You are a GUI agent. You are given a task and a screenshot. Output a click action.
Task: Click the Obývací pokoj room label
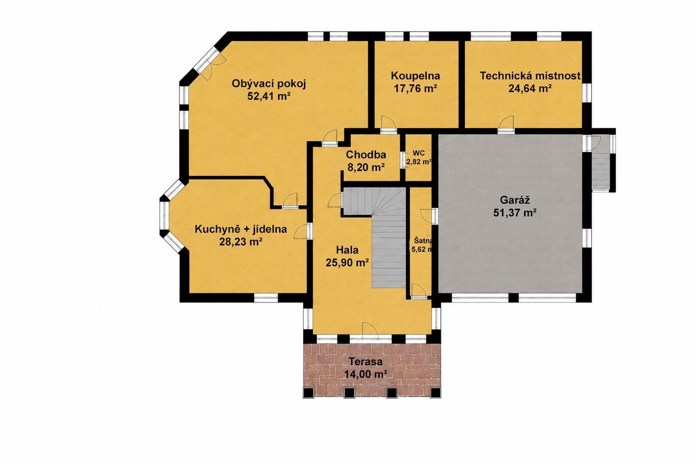pyautogui.click(x=269, y=84)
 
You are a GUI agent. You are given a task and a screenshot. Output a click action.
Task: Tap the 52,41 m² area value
pyautogui.click(x=269, y=96)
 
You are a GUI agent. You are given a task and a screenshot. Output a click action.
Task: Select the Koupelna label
pyautogui.click(x=415, y=76)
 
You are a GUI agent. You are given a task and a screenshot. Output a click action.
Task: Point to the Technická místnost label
pyautogui.click(x=530, y=76)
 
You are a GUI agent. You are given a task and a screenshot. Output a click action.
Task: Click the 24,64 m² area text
pyautogui.click(x=530, y=88)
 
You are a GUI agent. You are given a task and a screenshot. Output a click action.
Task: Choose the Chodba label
pyautogui.click(x=366, y=155)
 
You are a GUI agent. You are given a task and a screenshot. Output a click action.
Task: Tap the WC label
pyautogui.click(x=419, y=153)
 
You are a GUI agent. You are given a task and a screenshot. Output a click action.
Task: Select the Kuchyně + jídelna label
pyautogui.click(x=241, y=229)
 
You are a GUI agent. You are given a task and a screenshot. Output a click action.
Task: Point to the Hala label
pyautogui.click(x=347, y=250)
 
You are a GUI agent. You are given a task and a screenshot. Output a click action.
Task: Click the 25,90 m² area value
pyautogui.click(x=347, y=263)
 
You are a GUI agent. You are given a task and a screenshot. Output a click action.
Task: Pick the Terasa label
pyautogui.click(x=366, y=362)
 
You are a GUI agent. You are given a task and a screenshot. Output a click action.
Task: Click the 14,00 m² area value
pyautogui.click(x=366, y=374)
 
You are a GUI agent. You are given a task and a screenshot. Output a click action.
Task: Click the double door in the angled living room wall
pyautogui.click(x=208, y=64)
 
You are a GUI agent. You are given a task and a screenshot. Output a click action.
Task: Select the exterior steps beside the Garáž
pyautogui.click(x=600, y=172)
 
